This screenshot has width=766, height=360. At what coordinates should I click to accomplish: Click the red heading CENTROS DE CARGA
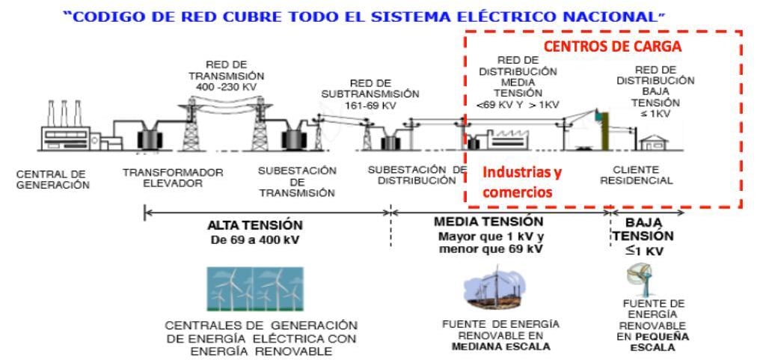click(x=612, y=46)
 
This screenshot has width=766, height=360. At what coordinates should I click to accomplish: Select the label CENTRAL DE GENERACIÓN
click(x=53, y=180)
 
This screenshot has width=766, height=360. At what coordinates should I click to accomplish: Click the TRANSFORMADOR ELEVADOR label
click(x=173, y=177)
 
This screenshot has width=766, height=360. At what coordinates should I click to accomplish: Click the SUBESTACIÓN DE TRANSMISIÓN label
click(x=297, y=181)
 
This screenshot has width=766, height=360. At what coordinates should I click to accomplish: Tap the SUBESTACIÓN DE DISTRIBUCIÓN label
click(x=417, y=175)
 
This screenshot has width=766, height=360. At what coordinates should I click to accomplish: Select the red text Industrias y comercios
click(x=521, y=182)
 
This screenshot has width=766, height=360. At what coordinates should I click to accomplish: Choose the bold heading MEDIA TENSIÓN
click(x=488, y=222)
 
